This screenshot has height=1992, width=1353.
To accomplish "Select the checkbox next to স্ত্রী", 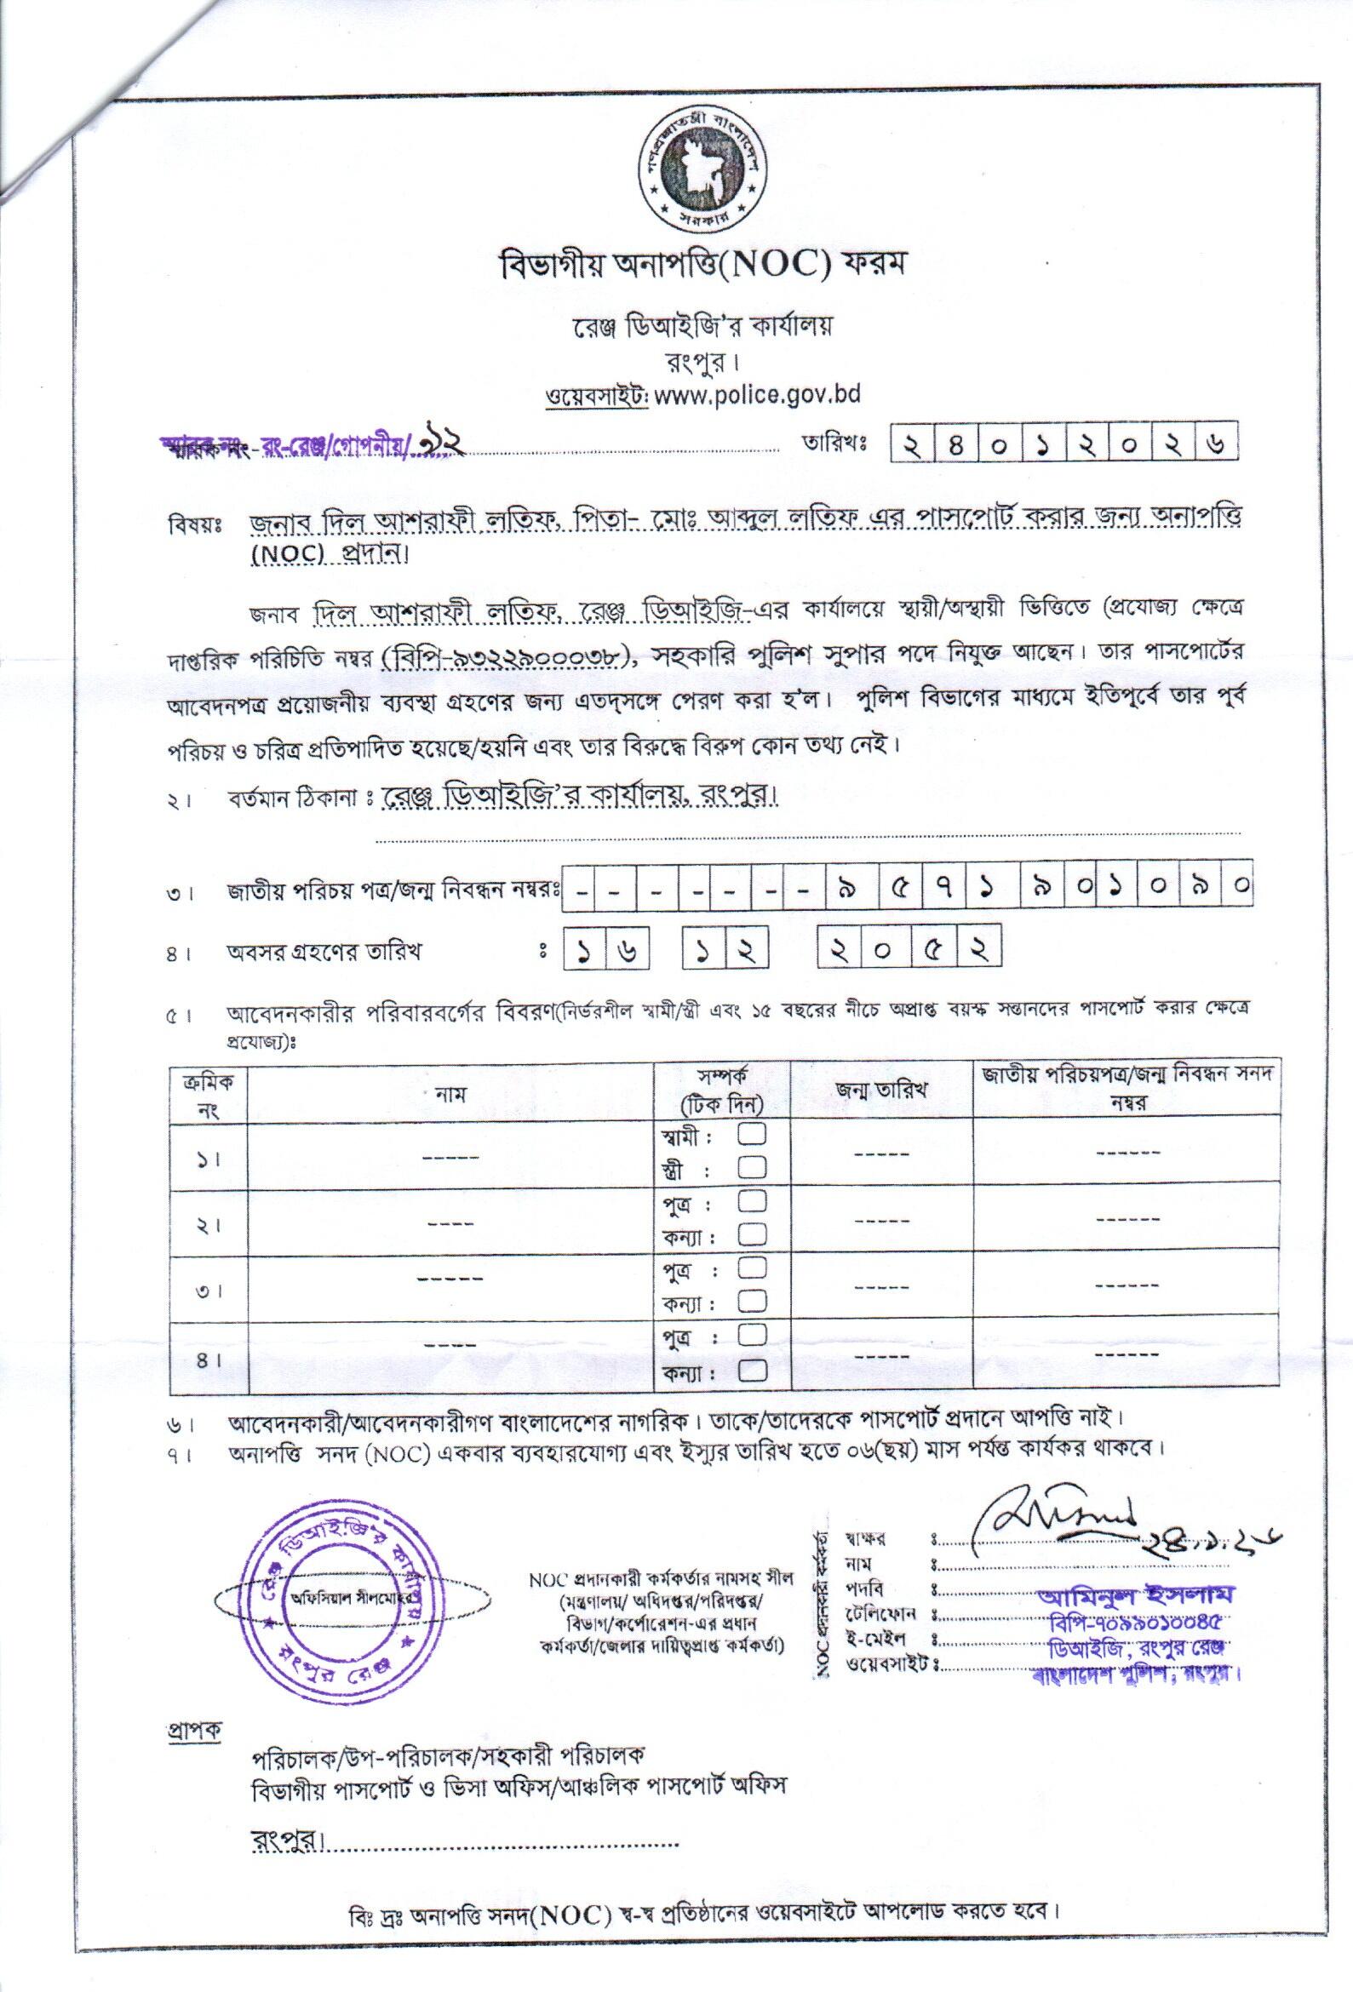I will (x=751, y=1167).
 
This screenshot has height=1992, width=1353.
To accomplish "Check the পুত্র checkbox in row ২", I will (x=751, y=1200).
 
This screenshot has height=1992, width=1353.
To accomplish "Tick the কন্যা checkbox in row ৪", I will (x=751, y=1372).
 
